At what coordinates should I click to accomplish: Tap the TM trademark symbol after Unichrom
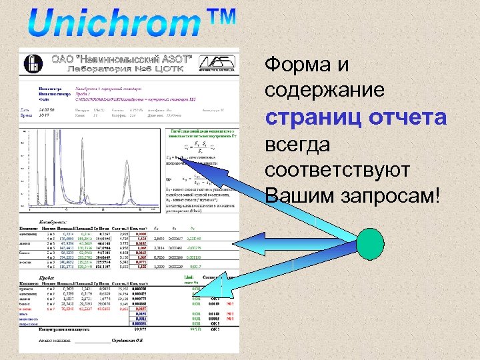(x=215, y=19)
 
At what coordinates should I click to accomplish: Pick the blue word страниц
(x=305, y=118)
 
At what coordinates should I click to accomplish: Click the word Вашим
(x=297, y=196)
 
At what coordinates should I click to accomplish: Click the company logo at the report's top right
(x=219, y=62)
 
